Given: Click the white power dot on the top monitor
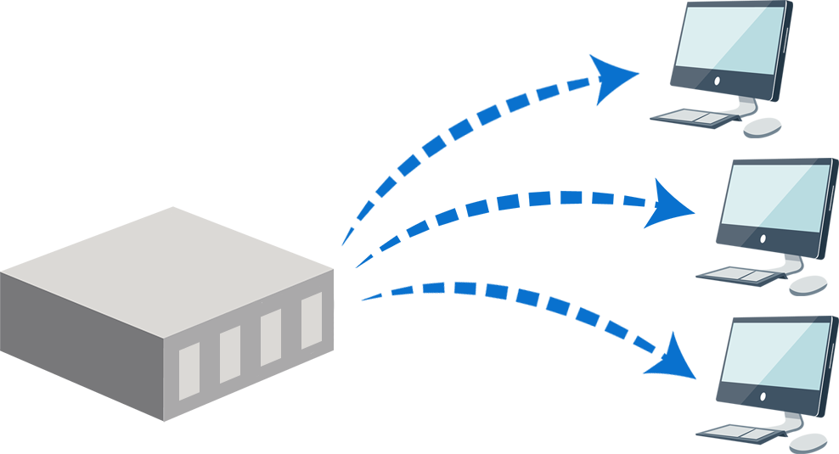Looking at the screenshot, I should point(717,81).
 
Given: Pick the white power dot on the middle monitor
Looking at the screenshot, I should point(763,238).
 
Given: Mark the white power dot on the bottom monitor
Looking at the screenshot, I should point(763,396).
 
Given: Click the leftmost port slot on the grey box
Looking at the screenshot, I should point(189,371).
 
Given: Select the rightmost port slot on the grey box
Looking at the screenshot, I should point(312,320).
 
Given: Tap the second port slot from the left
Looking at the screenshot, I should point(230,354).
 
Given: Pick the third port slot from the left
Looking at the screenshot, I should point(271,337).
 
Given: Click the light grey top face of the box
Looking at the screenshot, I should point(161,255).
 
